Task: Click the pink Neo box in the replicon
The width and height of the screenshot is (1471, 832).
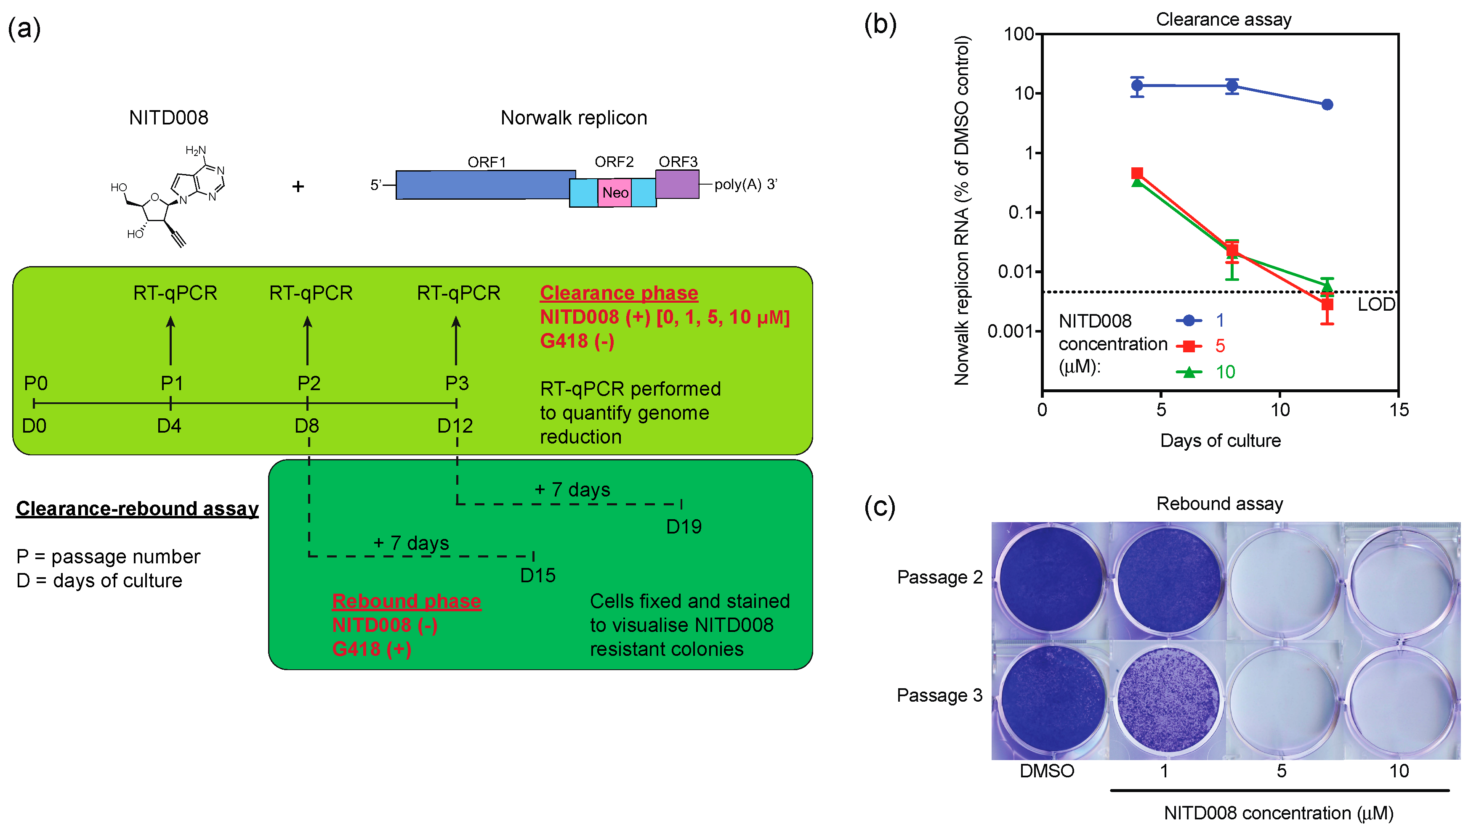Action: point(615,193)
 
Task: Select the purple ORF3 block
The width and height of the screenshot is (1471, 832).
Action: point(677,184)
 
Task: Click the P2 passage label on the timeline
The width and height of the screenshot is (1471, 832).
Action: point(309,383)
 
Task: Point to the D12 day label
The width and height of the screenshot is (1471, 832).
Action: point(455,426)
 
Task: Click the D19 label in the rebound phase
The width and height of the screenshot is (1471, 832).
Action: point(684,526)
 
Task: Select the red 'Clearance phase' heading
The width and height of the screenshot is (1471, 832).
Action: point(619,293)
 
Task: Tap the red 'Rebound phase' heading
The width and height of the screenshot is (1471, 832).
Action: point(407,601)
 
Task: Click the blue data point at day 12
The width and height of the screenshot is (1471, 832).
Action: point(1327,105)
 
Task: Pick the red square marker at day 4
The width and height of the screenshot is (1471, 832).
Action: point(1138,173)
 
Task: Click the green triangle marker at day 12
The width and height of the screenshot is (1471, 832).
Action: point(1327,286)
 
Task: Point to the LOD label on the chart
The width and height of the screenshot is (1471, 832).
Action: point(1376,304)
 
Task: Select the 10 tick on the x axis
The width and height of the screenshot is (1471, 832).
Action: point(1280,410)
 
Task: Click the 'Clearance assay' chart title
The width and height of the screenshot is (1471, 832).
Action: point(1224,19)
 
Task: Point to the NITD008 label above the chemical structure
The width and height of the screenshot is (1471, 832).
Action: point(169,118)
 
